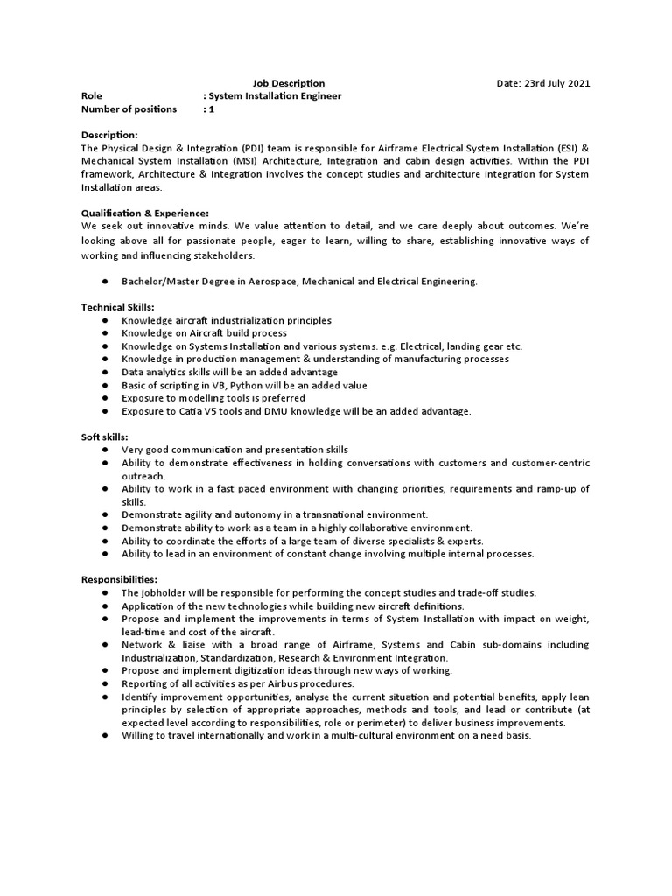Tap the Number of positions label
(129, 109)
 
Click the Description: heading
(109, 135)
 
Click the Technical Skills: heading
(117, 307)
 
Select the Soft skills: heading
(105, 437)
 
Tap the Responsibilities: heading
(119, 579)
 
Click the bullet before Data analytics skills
(103, 373)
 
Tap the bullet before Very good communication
(103, 450)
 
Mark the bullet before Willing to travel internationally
(103, 735)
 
